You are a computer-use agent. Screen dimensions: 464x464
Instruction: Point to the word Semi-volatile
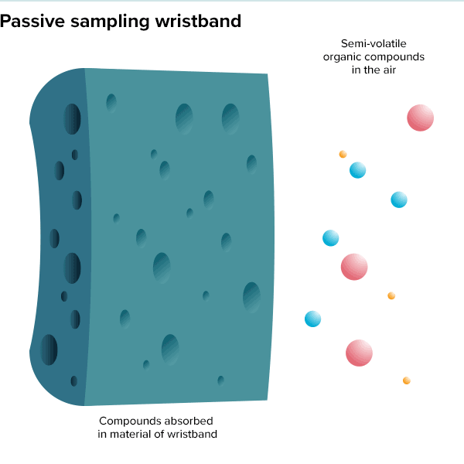pyautogui.click(x=373, y=43)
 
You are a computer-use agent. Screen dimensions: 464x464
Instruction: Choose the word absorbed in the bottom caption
pyautogui.click(x=186, y=421)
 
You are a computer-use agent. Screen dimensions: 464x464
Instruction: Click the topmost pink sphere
pyautogui.click(x=421, y=118)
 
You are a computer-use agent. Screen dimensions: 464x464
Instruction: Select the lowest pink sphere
pyautogui.click(x=359, y=353)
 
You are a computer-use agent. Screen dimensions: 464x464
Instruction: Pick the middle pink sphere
pyautogui.click(x=354, y=267)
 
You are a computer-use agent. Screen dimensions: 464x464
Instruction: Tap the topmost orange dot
pyautogui.click(x=343, y=154)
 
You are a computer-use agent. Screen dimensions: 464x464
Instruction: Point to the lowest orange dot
pyautogui.click(x=407, y=380)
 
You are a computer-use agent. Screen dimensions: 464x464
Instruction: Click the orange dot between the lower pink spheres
pyautogui.click(x=391, y=295)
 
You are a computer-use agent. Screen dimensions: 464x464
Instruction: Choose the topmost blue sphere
pyautogui.click(x=357, y=170)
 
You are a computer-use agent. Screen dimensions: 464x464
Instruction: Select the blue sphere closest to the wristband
pyautogui.click(x=312, y=319)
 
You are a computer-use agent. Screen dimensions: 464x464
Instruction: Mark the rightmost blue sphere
pyautogui.click(x=399, y=200)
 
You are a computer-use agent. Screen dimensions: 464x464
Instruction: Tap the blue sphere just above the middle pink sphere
pyautogui.click(x=330, y=238)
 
